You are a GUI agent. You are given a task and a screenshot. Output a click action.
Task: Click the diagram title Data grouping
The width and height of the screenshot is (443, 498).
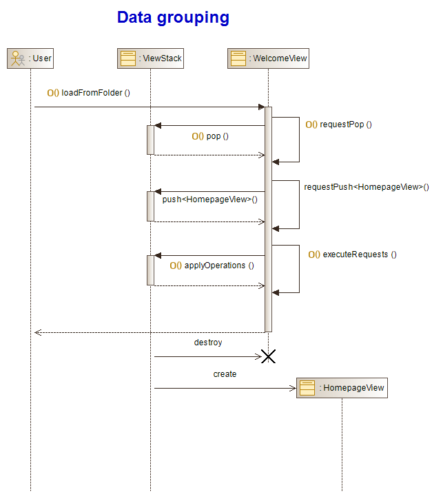point(173,18)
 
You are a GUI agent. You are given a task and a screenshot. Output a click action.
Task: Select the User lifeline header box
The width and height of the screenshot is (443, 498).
point(30,58)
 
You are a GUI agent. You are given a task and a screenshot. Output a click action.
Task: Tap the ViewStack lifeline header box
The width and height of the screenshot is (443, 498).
point(151,58)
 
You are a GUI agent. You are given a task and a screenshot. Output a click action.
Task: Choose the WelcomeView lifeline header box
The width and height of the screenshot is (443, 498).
point(268,58)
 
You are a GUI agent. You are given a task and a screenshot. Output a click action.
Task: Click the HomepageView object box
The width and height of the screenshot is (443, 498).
point(342,388)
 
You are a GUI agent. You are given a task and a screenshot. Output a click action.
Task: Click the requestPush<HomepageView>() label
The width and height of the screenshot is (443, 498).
point(366,186)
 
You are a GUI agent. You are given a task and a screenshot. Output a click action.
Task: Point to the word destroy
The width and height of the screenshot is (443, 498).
point(208,342)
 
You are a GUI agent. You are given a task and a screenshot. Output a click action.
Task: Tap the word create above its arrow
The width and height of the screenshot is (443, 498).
point(225,374)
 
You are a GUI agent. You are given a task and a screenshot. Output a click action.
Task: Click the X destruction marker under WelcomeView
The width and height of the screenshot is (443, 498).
point(268,356)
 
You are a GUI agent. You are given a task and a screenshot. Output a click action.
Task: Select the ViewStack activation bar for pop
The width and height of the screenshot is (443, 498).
point(150,140)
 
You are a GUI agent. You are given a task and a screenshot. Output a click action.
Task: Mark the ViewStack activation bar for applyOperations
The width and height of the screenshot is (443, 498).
point(150,270)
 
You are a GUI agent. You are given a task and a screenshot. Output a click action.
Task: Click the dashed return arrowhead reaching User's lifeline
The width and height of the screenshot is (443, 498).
point(38,332)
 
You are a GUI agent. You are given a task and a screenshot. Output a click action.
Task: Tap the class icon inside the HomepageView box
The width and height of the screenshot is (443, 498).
point(307,388)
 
